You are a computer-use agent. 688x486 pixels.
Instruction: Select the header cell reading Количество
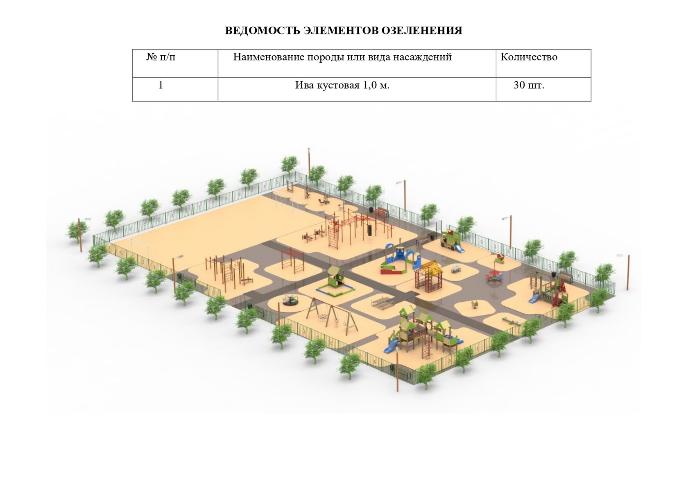pyautogui.click(x=529, y=57)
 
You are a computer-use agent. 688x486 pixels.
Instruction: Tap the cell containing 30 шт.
pyautogui.click(x=529, y=85)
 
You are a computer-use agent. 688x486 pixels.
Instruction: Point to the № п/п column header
pyautogui.click(x=161, y=57)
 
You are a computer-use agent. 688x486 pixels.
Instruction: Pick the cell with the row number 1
pyautogui.click(x=161, y=85)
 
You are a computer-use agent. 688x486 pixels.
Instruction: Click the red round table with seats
pyautogui.click(x=495, y=276)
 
